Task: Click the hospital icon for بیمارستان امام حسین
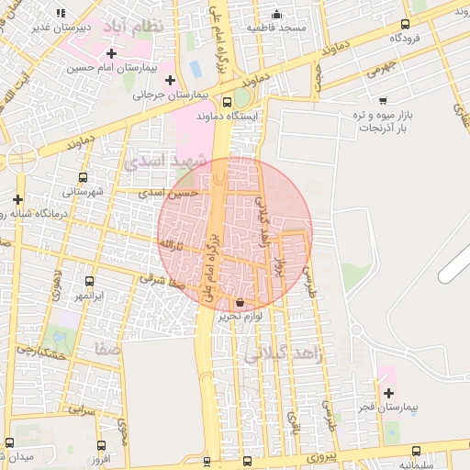pyautogui.click(x=112, y=53)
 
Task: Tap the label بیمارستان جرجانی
pyautogui.click(x=171, y=94)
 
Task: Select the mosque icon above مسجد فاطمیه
pyautogui.click(x=277, y=15)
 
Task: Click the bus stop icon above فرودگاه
pyautogui.click(x=406, y=25)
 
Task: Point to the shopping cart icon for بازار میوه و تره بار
pyautogui.click(x=383, y=100)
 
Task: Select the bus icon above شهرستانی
pyautogui.click(x=84, y=178)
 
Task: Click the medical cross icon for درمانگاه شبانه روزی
pyautogui.click(x=17, y=199)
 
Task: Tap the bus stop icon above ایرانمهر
pyautogui.click(x=89, y=282)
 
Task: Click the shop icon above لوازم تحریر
pyautogui.click(x=241, y=302)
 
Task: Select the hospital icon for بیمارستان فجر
pyautogui.click(x=388, y=393)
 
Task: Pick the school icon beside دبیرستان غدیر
pyautogui.click(x=61, y=14)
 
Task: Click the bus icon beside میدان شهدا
pyautogui.click(x=10, y=442)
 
